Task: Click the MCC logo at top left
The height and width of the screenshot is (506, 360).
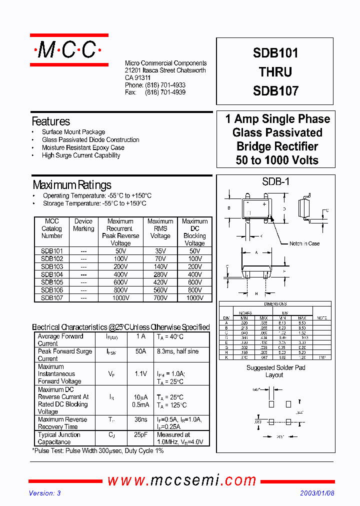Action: coord(69,50)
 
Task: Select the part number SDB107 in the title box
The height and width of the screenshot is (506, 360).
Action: coord(275,91)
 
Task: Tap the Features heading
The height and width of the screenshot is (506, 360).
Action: coord(51,121)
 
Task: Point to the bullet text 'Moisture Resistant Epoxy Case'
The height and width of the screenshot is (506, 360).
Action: coord(83,147)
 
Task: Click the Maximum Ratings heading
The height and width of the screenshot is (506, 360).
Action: coord(72,185)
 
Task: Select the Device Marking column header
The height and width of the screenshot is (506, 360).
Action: coord(83,225)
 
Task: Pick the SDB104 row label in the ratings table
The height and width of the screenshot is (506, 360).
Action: coord(51,274)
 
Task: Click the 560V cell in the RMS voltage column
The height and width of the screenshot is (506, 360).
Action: coord(160,290)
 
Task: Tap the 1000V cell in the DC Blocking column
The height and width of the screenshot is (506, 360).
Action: coord(194,298)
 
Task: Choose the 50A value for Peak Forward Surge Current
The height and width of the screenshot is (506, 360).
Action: coord(141,351)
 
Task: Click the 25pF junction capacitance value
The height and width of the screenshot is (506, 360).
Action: coord(141,435)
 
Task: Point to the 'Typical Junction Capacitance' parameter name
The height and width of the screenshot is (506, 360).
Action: coord(59,438)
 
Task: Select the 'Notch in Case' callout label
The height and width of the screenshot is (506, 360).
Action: coord(304,243)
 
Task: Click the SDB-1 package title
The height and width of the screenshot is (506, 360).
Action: coord(275,182)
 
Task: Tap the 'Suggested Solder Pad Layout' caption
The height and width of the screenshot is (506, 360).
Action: coord(275,371)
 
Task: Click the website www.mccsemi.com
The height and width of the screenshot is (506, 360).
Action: coord(182,480)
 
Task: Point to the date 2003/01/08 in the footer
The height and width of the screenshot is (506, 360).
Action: coord(317,493)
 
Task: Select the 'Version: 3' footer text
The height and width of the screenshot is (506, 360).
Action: coord(45,493)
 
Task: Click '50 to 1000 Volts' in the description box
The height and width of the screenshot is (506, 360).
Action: coord(277,160)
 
